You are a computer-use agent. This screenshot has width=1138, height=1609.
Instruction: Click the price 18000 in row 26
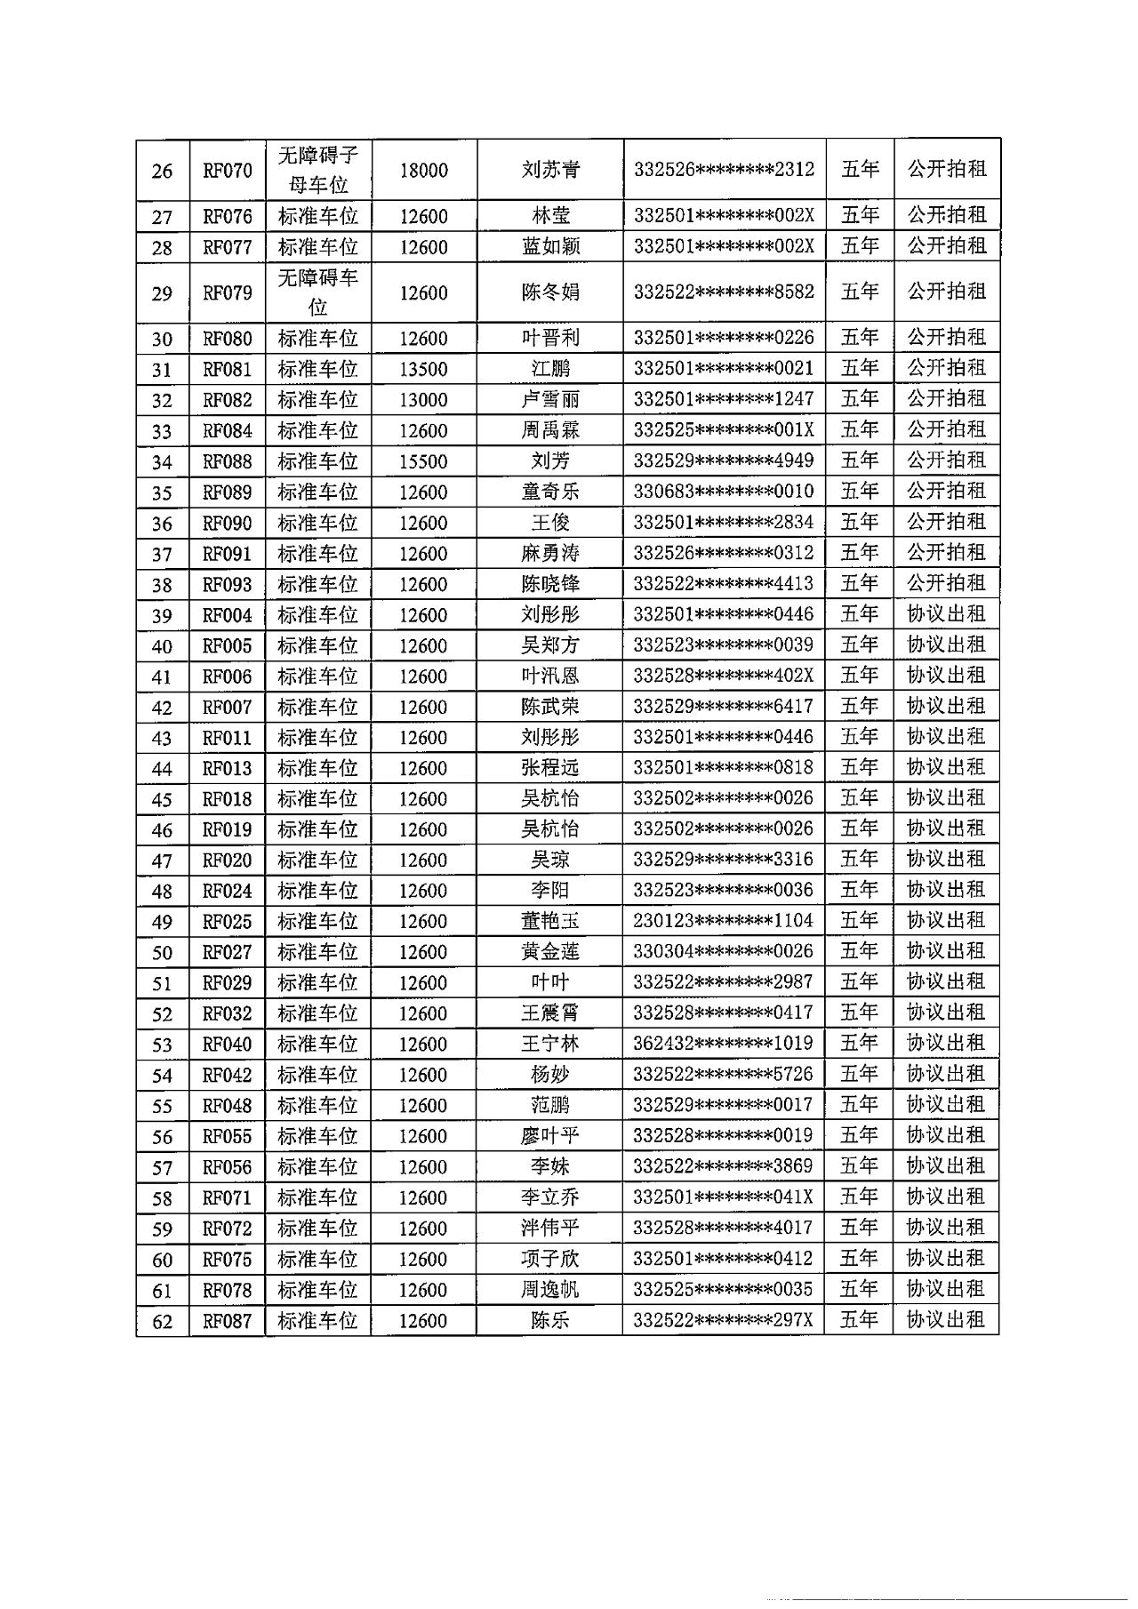coord(423,171)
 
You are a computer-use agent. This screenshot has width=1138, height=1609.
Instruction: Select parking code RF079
coord(228,293)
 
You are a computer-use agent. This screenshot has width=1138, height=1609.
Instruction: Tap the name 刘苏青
coord(550,170)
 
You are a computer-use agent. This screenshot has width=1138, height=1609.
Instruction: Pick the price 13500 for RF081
coord(423,370)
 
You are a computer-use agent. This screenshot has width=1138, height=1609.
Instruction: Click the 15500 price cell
coord(423,461)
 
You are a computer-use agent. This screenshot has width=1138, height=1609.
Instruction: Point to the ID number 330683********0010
coord(724,492)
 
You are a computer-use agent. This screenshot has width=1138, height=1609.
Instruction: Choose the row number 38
coord(162,585)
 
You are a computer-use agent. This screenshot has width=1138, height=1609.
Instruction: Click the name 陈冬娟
coord(550,292)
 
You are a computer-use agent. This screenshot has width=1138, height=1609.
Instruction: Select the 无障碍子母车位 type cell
coord(318,170)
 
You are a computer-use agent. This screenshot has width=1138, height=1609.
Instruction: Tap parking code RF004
coord(228,615)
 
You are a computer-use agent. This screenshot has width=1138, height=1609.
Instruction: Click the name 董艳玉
coord(550,922)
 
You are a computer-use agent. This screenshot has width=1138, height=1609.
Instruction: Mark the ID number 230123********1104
coord(724,921)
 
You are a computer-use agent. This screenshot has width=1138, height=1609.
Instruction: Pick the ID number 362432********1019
coord(724,1044)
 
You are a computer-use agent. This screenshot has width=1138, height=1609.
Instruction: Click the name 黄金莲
coord(550,952)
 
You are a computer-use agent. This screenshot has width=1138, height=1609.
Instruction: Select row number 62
coord(162,1321)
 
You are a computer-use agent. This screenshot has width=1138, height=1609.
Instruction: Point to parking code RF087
coord(228,1321)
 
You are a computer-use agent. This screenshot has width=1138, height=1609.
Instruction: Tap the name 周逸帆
coord(550,1290)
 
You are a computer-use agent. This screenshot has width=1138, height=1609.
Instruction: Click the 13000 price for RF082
coord(423,400)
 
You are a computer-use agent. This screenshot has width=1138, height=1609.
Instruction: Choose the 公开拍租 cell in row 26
coord(947,169)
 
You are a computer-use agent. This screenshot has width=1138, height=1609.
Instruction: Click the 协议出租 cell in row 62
coord(946,1320)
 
